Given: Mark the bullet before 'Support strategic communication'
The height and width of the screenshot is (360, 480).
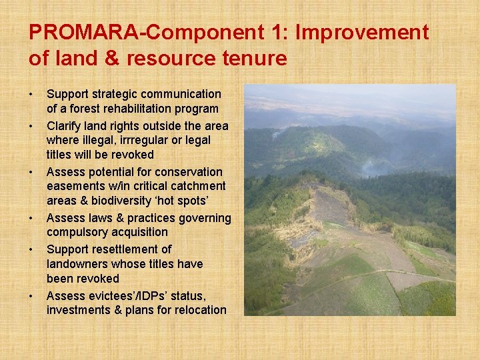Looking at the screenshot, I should [32, 94].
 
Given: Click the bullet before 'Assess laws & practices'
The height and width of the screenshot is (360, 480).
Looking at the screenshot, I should [32, 218].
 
